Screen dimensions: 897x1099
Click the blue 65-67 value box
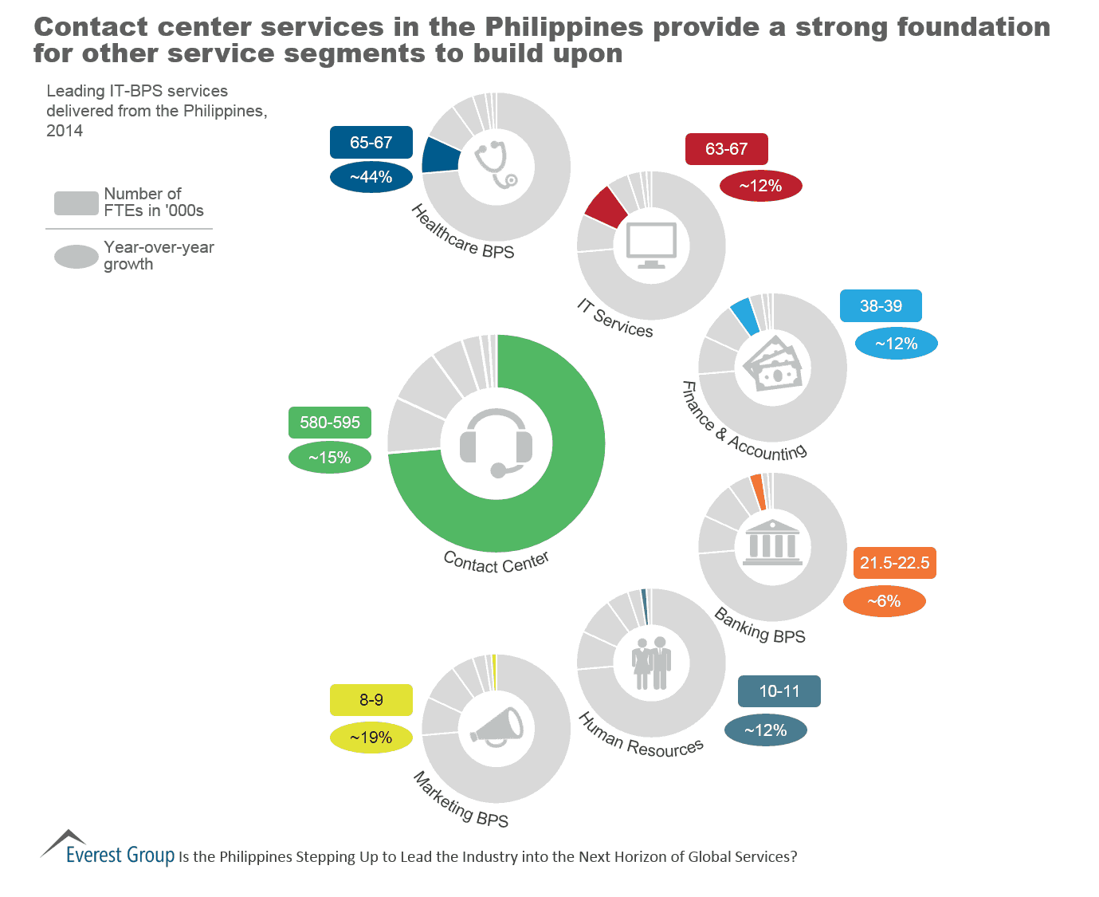pyautogui.click(x=371, y=143)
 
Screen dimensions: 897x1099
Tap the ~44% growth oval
pyautogui.click(x=371, y=177)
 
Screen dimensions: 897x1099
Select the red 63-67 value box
pyautogui.click(x=726, y=149)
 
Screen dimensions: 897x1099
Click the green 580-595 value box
pyautogui.click(x=330, y=423)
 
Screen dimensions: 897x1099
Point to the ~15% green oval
pyautogui.click(x=330, y=458)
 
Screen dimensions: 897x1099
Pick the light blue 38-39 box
pyautogui.click(x=881, y=306)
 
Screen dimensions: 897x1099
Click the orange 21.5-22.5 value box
pyautogui.click(x=894, y=563)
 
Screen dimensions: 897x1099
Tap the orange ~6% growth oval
pyautogui.click(x=884, y=601)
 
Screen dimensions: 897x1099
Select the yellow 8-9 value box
pyautogui.click(x=371, y=700)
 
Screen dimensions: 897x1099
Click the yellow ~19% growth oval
pyautogui.click(x=371, y=738)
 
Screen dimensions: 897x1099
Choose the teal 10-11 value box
pyautogui.click(x=779, y=691)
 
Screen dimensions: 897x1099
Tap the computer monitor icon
pyautogui.click(x=651, y=245)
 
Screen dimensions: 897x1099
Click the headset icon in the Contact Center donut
pyautogui.click(x=496, y=443)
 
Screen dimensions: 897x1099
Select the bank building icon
pyautogui.click(x=772, y=544)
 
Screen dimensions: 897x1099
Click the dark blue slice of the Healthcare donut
pyautogui.click(x=441, y=155)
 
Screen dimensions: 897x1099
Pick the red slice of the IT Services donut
pyautogui.click(x=605, y=207)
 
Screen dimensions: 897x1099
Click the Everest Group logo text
pyautogui.click(x=120, y=855)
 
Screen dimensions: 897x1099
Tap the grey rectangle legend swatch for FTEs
pyautogui.click(x=77, y=203)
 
